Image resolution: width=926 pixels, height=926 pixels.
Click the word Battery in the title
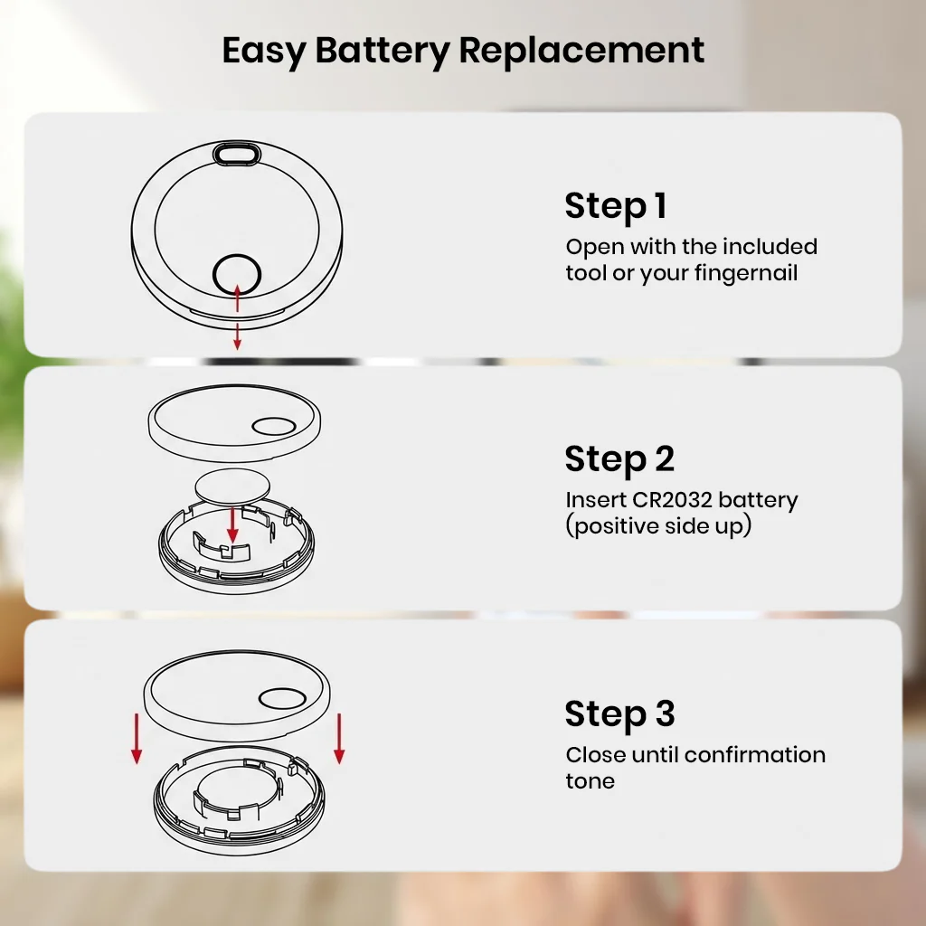[x=383, y=52]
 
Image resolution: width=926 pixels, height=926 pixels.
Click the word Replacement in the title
[x=581, y=52]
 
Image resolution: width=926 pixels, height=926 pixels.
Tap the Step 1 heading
[x=616, y=206]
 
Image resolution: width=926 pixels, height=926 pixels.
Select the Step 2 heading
[x=619, y=459]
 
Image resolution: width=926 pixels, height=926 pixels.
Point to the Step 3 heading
[x=619, y=714]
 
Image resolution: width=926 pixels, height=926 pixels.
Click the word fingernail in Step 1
[x=746, y=273]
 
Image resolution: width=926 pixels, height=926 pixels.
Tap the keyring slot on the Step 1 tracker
[x=237, y=154]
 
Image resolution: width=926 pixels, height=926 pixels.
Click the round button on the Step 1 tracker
[x=237, y=275]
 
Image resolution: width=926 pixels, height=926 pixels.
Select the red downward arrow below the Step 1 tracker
[x=238, y=336]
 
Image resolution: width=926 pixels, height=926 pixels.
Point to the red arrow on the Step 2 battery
[x=232, y=524]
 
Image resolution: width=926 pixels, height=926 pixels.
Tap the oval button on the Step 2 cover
[x=274, y=427]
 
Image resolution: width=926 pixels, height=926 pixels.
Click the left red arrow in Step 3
[x=137, y=739]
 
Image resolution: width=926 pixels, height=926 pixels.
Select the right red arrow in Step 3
[x=339, y=739]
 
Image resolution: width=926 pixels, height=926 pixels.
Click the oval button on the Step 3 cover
[x=282, y=699]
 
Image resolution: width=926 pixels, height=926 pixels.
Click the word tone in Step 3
[x=590, y=781]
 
